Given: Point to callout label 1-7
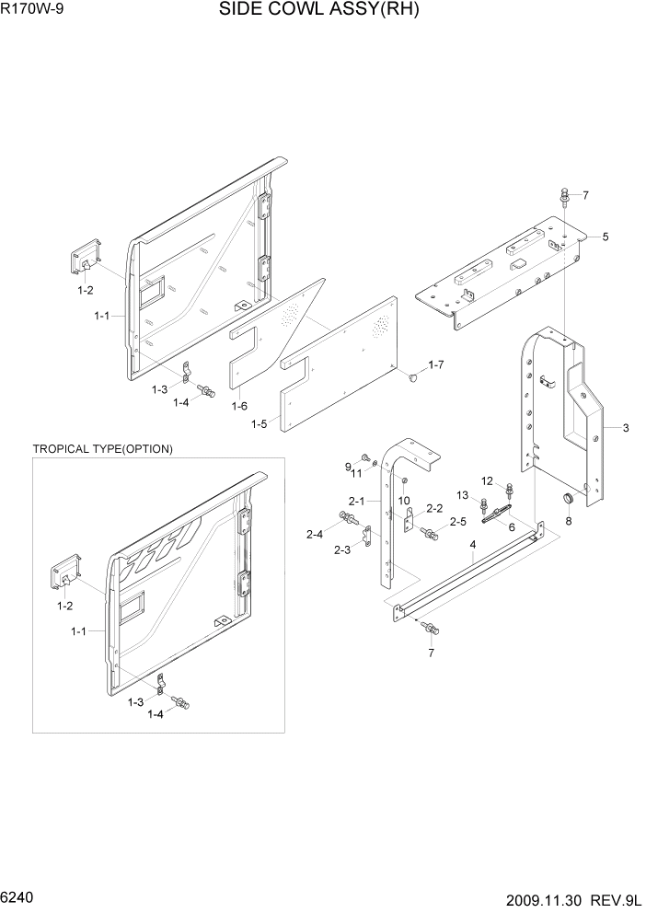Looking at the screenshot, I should click(x=435, y=365).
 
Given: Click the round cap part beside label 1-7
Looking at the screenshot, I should click(x=413, y=376).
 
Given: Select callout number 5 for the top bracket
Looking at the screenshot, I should click(x=605, y=237).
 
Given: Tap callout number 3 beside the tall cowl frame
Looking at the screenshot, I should click(x=625, y=428).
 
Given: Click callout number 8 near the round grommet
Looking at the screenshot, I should click(x=568, y=521).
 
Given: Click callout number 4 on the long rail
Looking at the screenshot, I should click(x=472, y=545).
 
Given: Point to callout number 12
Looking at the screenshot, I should click(x=488, y=480).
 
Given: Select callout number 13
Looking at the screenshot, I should click(x=464, y=496).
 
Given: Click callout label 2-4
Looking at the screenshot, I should click(x=315, y=534).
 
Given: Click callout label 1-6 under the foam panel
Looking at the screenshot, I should click(x=239, y=406).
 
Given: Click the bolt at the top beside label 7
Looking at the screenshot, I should click(x=563, y=196).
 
